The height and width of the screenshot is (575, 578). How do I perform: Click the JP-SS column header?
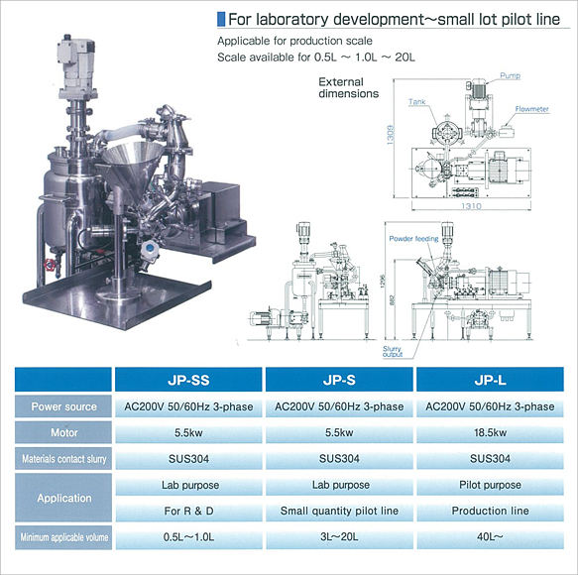click(x=188, y=380)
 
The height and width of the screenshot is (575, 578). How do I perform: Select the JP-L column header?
click(x=490, y=380)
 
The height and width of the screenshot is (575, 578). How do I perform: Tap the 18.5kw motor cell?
click(x=490, y=432)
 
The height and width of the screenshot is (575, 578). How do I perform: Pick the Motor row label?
click(x=63, y=432)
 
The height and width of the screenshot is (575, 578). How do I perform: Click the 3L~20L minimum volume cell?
click(x=339, y=537)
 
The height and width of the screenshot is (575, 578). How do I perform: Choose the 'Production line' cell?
click(x=490, y=511)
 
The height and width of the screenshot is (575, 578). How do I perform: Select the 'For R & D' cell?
click(x=188, y=511)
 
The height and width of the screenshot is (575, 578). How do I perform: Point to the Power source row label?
click(x=63, y=406)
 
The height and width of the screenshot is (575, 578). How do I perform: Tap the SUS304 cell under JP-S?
click(x=339, y=459)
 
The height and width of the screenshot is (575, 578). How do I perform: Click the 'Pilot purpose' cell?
click(x=490, y=485)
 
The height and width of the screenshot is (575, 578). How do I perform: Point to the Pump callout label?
click(x=511, y=75)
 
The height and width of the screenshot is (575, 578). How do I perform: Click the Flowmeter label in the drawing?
click(x=532, y=109)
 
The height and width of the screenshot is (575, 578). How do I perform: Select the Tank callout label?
click(x=417, y=101)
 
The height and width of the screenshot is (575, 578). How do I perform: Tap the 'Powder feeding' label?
click(x=413, y=239)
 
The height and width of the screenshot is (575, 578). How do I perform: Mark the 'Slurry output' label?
click(x=393, y=352)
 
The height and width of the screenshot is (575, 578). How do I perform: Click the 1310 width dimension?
click(x=472, y=206)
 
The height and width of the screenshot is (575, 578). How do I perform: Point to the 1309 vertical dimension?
click(x=391, y=135)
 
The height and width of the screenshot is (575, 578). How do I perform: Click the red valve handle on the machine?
click(x=49, y=265)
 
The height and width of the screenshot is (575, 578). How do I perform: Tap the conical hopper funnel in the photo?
click(x=133, y=164)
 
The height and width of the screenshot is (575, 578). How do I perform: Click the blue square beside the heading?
click(x=221, y=19)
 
